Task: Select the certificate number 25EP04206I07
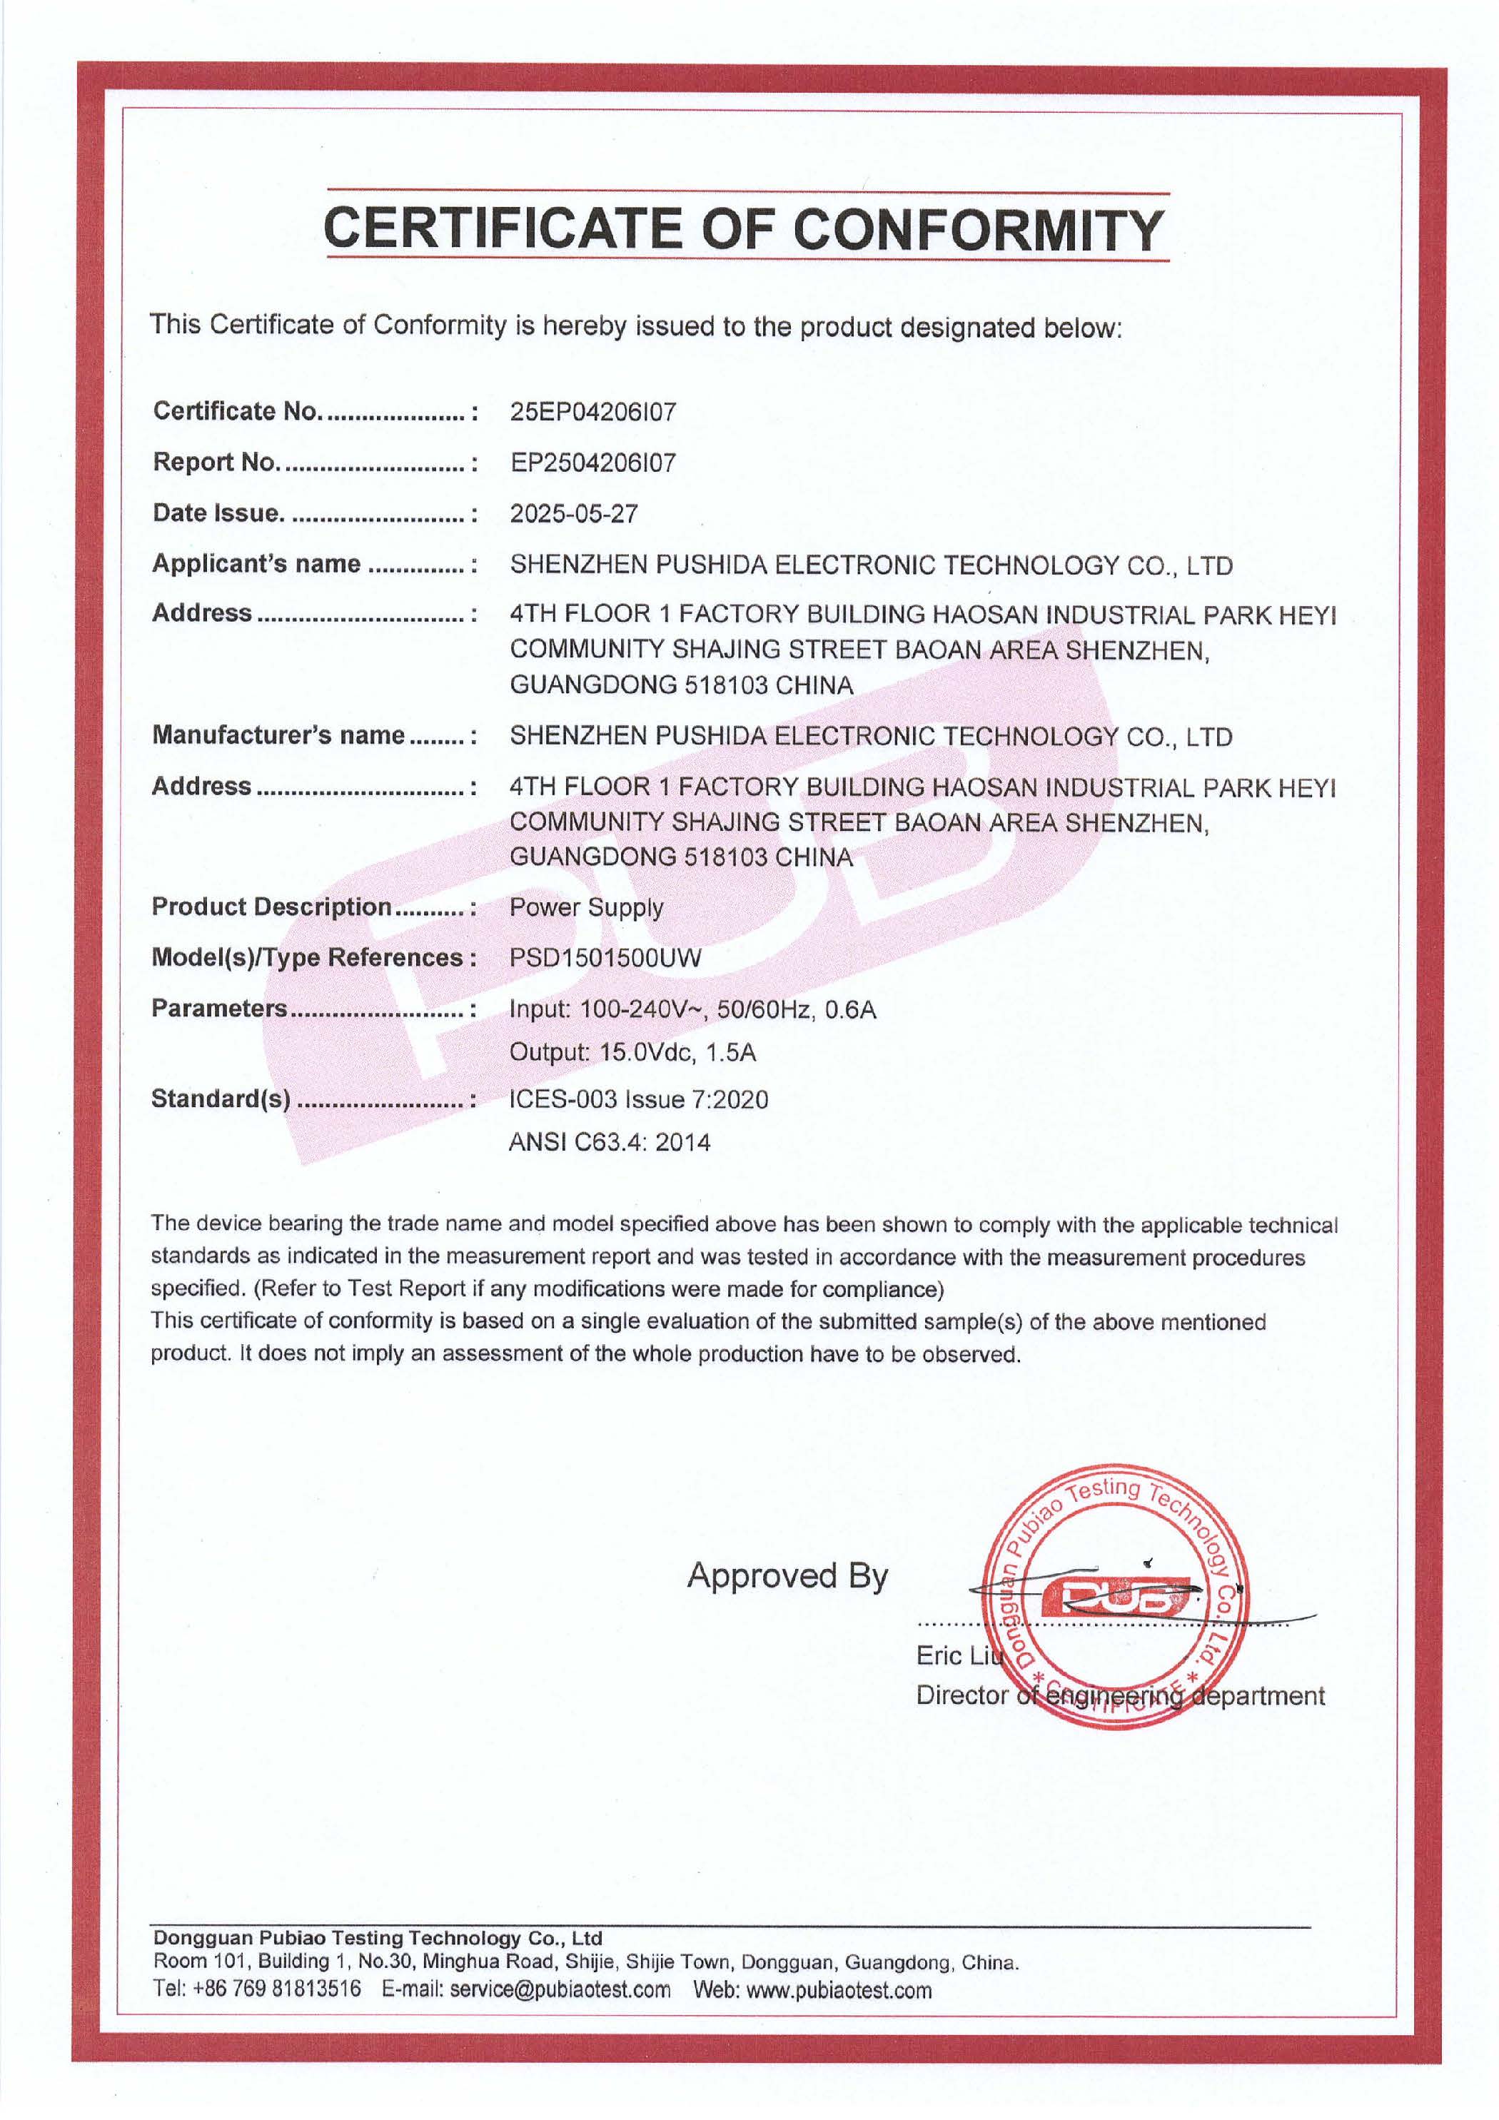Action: [593, 412]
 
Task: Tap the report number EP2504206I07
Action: [593, 463]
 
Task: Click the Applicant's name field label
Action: [257, 564]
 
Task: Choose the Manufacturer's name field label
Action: [279, 735]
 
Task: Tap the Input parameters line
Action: [692, 1009]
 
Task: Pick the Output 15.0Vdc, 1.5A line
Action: [632, 1053]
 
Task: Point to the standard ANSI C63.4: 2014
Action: [610, 1143]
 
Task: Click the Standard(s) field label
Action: [222, 1099]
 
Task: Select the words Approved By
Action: [787, 1576]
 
